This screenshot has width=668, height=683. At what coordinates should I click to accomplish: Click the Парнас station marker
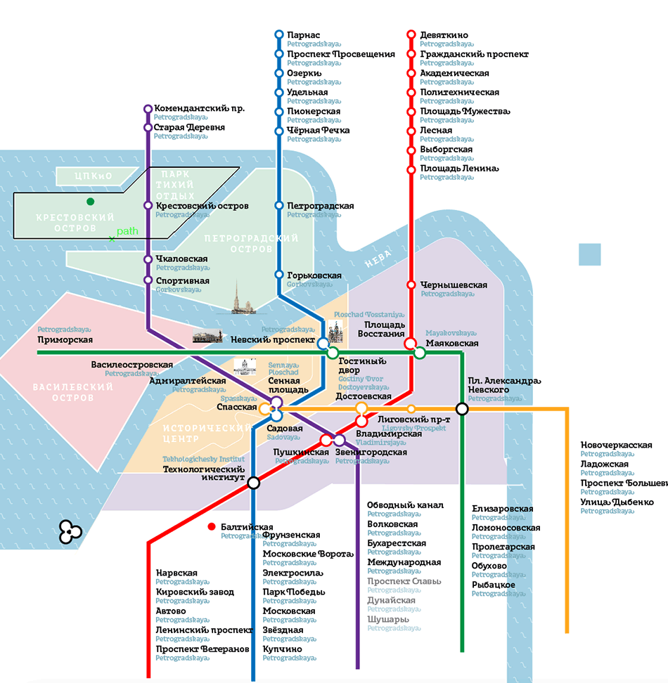[279, 34]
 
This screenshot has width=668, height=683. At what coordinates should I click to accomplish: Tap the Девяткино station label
[444, 35]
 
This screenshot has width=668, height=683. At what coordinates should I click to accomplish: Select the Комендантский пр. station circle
[148, 109]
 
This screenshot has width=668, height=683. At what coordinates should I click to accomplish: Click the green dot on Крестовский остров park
[90, 202]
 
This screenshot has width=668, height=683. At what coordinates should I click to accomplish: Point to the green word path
[127, 230]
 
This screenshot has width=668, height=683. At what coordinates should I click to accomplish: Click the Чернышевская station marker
[411, 285]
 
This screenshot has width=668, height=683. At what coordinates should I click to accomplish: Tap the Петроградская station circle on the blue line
[279, 206]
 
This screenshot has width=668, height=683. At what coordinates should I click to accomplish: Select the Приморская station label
[65, 340]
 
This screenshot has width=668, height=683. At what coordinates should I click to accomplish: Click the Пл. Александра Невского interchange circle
[462, 408]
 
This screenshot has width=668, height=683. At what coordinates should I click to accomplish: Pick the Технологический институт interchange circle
[254, 482]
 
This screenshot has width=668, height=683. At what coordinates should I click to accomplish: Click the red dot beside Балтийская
[211, 526]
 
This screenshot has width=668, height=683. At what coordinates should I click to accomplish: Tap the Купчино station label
[282, 649]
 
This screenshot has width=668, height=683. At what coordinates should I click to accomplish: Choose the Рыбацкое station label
[493, 585]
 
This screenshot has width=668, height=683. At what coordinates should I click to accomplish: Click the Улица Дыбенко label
[617, 502]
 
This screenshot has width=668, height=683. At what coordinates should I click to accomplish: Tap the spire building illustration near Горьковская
[243, 298]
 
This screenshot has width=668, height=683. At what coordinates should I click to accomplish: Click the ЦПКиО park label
[94, 176]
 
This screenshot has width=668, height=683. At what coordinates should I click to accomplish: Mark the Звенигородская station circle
[339, 440]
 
